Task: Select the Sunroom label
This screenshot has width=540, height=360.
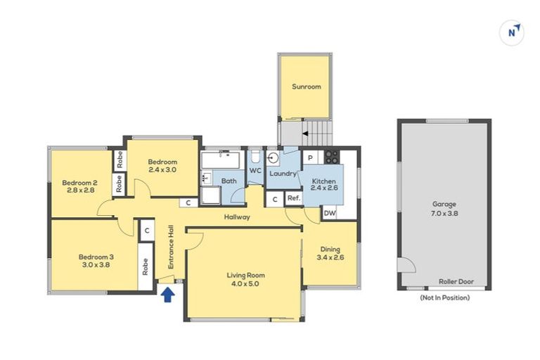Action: [306, 87]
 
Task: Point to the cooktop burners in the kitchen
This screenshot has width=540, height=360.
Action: [331, 157]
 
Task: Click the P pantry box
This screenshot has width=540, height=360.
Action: [310, 158]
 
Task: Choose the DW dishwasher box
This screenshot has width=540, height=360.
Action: [329, 214]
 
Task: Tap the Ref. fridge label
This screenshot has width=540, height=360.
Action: [293, 199]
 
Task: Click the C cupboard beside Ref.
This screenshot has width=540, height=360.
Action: [275, 200]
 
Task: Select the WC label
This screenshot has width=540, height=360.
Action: [255, 171]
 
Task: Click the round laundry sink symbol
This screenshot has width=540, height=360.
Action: [274, 157]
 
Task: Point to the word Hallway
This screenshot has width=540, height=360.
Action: [238, 217]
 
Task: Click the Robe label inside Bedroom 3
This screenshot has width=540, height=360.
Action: [146, 267]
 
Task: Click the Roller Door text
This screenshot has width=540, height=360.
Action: [456, 282]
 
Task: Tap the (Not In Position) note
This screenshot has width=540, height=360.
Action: [444, 298]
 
